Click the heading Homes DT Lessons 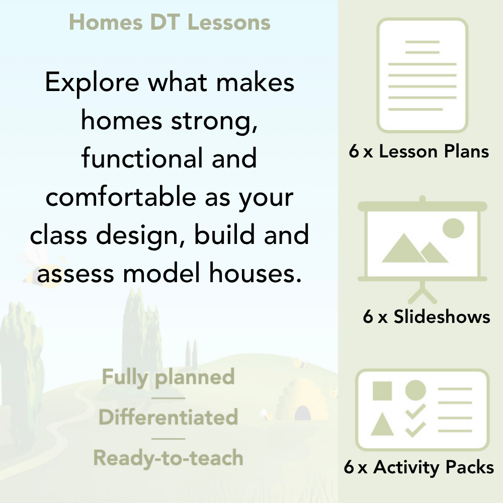click(170, 23)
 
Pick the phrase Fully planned click(169, 377)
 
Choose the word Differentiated click(169, 417)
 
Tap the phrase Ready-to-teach click(169, 458)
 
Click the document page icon click(423, 75)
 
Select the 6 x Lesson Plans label click(419, 152)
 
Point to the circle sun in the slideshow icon click(453, 228)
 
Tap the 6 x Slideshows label click(426, 317)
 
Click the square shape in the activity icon click(382, 391)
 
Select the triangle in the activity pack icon click(382, 425)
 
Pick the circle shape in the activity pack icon click(415, 390)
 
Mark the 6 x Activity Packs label click(419, 468)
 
